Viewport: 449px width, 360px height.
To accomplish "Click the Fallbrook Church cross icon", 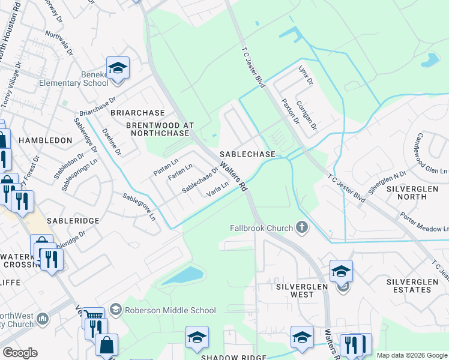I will (x=302, y=228).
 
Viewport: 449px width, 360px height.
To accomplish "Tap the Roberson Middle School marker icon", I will (x=115, y=310).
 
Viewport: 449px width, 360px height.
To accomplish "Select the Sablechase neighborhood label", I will (x=247, y=154).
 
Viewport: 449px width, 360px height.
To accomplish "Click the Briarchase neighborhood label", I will (x=137, y=113).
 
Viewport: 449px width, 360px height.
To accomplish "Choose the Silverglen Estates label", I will (x=417, y=285).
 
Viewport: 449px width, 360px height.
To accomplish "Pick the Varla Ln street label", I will (x=217, y=190).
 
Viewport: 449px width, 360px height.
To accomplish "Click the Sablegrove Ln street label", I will (x=139, y=206).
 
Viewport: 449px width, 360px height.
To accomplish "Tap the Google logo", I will (x=20, y=353).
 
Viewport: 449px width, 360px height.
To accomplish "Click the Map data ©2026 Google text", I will (x=412, y=355).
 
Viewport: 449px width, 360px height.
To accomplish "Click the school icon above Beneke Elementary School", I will (x=118, y=69).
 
